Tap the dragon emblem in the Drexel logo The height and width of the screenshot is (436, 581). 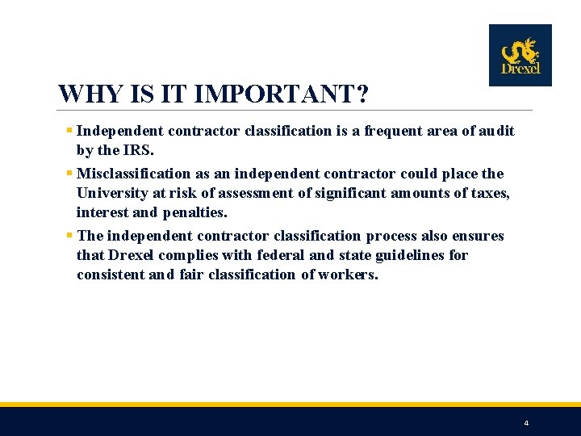[x=520, y=50]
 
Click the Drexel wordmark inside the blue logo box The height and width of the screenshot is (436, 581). [x=520, y=69]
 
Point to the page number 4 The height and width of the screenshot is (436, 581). [x=526, y=423]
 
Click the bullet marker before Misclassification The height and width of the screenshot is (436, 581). [x=70, y=174]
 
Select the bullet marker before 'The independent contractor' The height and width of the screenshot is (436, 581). [x=70, y=236]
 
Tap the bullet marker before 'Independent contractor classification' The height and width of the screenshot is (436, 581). [x=70, y=131]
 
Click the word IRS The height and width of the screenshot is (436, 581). [x=136, y=150]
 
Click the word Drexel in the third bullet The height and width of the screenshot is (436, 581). [x=132, y=255]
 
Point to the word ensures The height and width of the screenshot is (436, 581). [x=477, y=236]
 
